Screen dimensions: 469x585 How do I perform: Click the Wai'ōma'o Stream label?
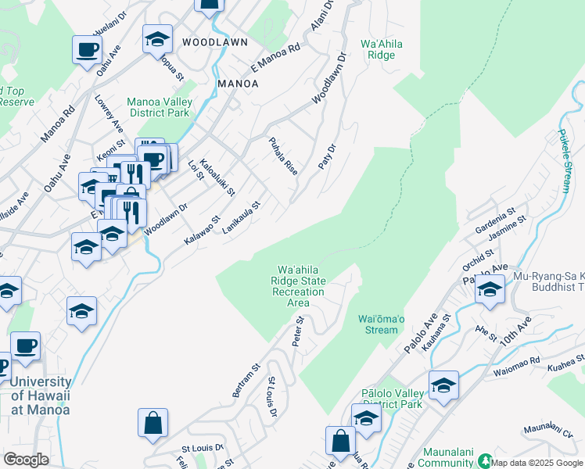[x=382, y=324]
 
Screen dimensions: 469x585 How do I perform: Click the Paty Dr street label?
[x=327, y=157]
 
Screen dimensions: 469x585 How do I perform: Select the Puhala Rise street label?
[x=283, y=156]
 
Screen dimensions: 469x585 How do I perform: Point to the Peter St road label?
[x=298, y=331]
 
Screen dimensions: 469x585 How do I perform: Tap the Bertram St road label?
[x=251, y=378]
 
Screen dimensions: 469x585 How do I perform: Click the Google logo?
[x=26, y=460]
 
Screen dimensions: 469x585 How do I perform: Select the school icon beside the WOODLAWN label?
[x=157, y=38]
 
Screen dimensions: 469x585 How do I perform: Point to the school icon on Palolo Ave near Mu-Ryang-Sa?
[x=490, y=288]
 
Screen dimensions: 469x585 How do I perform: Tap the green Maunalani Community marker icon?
[x=485, y=460]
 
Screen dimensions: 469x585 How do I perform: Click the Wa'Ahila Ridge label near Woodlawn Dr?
[x=381, y=50]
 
